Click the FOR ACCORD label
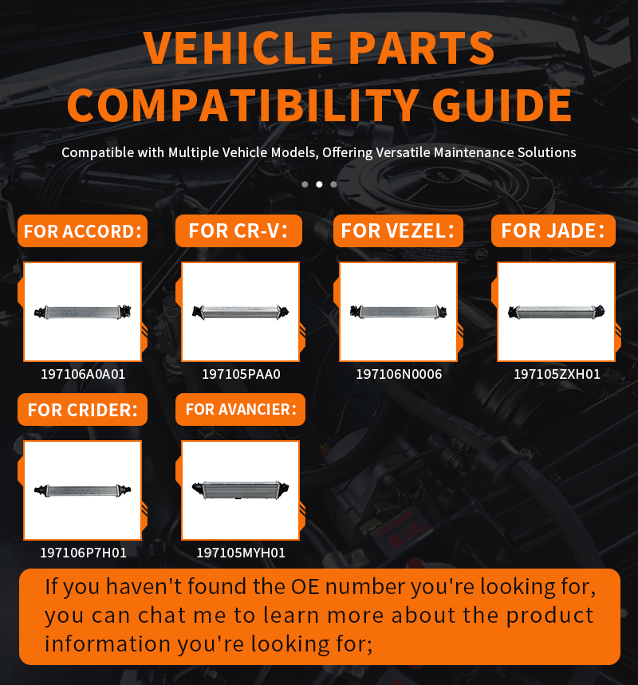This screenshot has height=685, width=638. pos(83,230)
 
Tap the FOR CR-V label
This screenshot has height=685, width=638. pos(238,230)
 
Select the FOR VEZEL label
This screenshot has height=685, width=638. pos(398,230)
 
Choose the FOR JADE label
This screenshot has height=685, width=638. pos(553,230)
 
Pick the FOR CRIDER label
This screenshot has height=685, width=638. pos(83,410)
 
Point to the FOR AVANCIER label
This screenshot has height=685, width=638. pos(240,410)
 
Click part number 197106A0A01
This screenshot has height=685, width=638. pos(83,374)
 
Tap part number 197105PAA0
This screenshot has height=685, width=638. pos(241,374)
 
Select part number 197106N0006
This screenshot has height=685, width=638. pos(399,374)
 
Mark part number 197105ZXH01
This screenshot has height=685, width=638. pos(557,374)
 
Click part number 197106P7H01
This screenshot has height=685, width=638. pos(84,553)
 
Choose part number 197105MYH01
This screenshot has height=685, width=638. pos(241,553)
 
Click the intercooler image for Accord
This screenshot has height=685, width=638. pos(83,312)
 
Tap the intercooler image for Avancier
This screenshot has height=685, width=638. pos(240,490)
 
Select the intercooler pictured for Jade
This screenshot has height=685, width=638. pos(557,312)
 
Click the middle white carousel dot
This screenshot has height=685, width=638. pos(320,184)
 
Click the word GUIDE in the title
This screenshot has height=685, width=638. pos(502,105)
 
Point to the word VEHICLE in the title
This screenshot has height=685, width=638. pos(238,48)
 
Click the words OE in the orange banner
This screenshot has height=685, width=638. pos(305,586)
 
